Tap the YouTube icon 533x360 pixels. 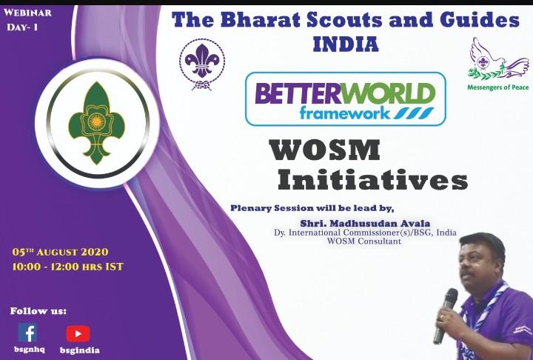[x=77, y=333]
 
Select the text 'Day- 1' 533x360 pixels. [x=24, y=27]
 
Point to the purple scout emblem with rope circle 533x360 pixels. [x=202, y=64]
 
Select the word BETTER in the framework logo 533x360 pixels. [x=301, y=94]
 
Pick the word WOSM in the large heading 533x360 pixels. [x=325, y=150]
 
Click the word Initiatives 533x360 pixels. [x=372, y=180]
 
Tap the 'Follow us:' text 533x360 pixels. [x=38, y=310]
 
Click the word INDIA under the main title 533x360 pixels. [x=346, y=44]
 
